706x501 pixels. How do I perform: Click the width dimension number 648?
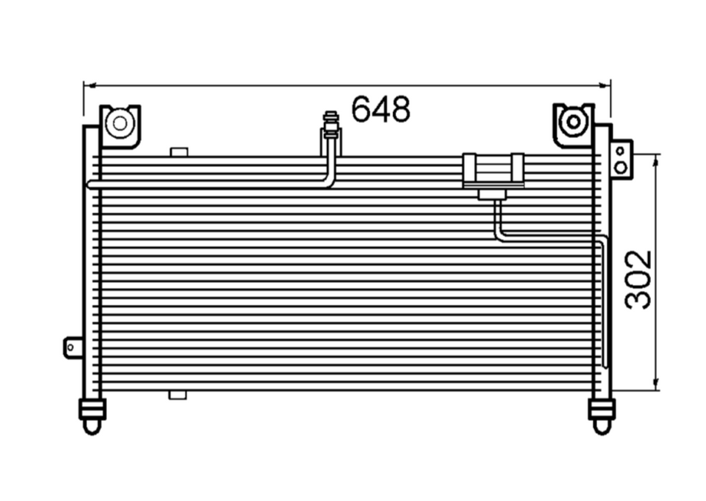tap(380, 110)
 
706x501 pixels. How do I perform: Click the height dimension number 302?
tap(638, 279)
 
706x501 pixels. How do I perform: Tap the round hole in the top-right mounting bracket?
tap(574, 122)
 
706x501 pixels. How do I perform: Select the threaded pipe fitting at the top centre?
tap(330, 126)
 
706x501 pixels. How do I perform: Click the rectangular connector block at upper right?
tap(493, 170)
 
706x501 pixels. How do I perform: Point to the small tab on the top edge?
tap(178, 152)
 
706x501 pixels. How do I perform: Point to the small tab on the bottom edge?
tap(178, 395)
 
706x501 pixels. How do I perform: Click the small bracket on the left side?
tap(74, 347)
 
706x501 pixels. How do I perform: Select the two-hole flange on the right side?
tap(621, 158)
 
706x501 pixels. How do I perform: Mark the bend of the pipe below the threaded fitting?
tap(329, 182)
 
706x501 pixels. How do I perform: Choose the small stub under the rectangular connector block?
tap(492, 194)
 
